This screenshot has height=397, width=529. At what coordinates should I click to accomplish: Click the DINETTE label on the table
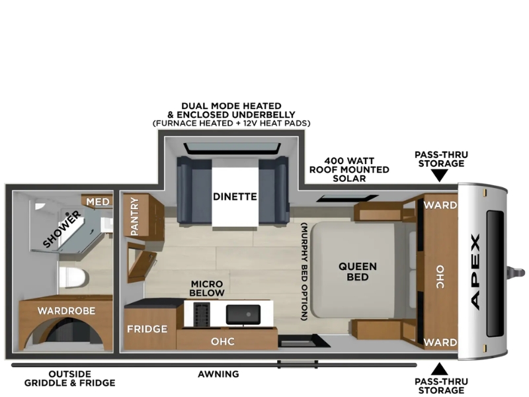click(x=235, y=197)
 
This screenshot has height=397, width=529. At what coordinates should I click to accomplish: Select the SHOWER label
click(x=62, y=228)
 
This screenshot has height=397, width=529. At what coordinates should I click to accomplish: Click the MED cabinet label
click(x=98, y=202)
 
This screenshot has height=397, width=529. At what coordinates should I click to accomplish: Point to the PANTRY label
click(x=135, y=216)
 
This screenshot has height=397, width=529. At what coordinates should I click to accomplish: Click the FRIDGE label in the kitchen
click(x=147, y=329)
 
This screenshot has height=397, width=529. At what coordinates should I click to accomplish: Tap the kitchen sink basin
click(x=243, y=314)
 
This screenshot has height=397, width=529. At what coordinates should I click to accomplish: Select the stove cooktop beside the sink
click(x=202, y=314)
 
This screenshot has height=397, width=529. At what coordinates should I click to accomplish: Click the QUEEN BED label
click(x=358, y=272)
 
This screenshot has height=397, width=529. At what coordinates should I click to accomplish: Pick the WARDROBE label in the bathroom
click(x=67, y=310)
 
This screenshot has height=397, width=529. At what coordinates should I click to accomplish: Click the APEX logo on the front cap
click(x=475, y=272)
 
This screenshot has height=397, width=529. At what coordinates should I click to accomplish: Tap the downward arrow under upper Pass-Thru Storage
click(x=440, y=175)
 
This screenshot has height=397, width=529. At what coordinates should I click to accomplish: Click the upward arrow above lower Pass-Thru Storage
click(x=440, y=369)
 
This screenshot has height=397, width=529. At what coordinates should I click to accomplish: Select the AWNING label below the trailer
click(x=218, y=374)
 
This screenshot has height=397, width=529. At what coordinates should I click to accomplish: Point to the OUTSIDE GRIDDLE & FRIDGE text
click(x=70, y=378)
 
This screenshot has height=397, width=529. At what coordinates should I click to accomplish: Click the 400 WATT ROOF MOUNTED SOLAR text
click(x=349, y=169)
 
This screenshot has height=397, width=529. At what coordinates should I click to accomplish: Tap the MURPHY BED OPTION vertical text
click(x=305, y=271)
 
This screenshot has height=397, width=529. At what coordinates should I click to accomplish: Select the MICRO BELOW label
click(x=207, y=288)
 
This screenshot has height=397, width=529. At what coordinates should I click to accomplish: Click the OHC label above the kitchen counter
click(x=223, y=341)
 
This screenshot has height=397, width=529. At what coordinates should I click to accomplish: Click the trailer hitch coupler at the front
click(x=517, y=272)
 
